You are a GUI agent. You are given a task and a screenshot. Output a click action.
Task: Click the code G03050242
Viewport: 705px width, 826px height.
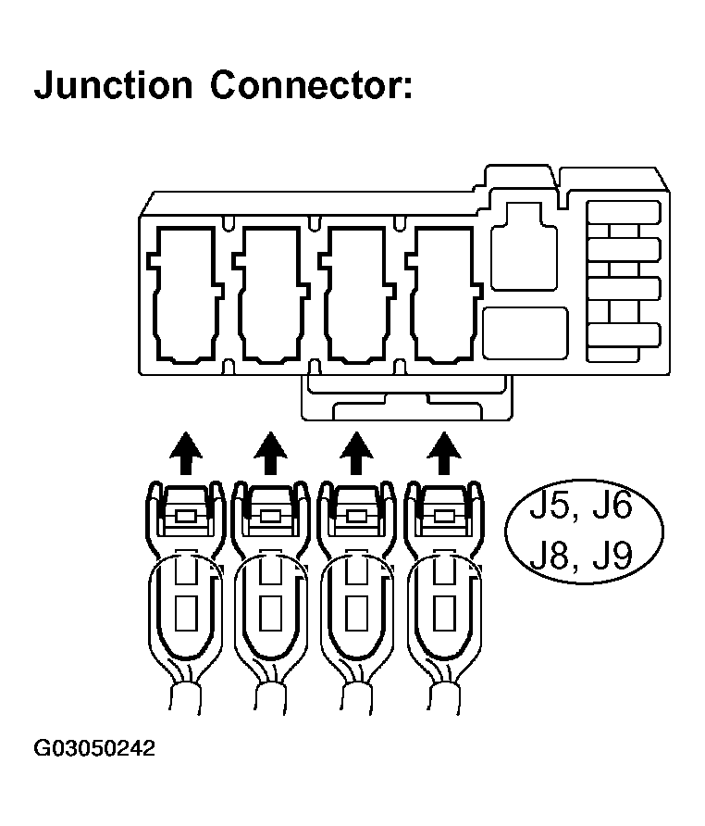tap(94, 748)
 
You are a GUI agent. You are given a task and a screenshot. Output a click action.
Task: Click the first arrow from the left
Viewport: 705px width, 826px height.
tap(187, 453)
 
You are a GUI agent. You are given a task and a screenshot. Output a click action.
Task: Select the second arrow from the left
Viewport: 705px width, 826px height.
tap(270, 453)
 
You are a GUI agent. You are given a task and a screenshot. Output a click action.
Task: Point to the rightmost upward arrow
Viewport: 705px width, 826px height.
tap(445, 453)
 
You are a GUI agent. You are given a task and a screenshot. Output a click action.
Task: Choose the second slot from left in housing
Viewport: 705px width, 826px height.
tap(270, 294)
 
